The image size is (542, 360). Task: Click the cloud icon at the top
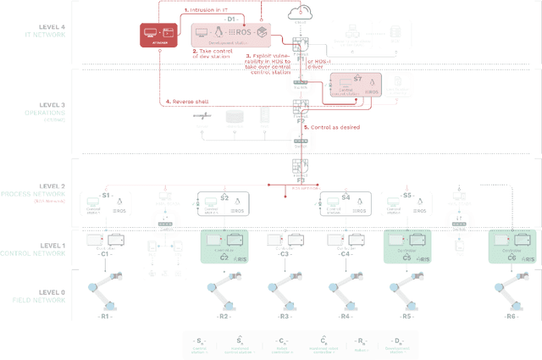click(299, 14)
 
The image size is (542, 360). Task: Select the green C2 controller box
click(224, 246)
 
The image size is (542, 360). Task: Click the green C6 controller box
click(512, 246)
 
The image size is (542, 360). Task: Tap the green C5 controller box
click(407, 246)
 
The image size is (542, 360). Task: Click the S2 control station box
click(224, 204)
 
